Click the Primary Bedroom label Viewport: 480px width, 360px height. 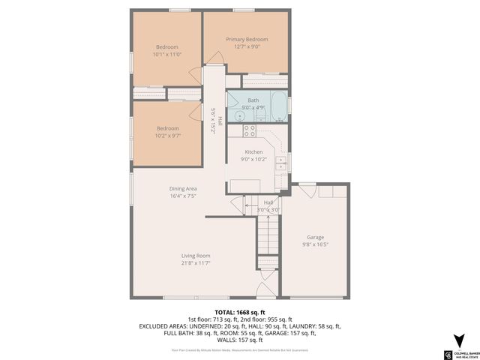[247, 40]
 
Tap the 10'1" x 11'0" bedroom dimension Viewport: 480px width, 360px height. [167, 54]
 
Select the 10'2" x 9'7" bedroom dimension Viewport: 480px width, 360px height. [167, 136]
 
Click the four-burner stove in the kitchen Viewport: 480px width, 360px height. [249, 132]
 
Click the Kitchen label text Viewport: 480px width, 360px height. [253, 151]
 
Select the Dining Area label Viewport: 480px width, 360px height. [182, 188]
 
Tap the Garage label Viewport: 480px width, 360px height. [315, 237]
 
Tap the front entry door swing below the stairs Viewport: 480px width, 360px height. [264, 291]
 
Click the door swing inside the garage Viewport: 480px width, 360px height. [328, 192]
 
